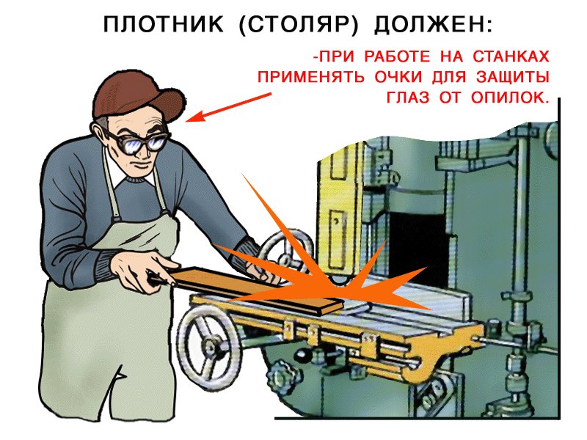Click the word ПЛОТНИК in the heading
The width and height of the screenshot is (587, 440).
pyautogui.click(x=163, y=25)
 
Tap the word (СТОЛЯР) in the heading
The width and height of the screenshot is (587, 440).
pyautogui.click(x=299, y=25)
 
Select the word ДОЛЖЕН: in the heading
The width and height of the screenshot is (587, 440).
pyautogui.click(x=433, y=25)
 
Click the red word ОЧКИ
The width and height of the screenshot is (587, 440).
pyautogui.click(x=398, y=77)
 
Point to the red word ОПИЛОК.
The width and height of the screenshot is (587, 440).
pyautogui.click(x=509, y=98)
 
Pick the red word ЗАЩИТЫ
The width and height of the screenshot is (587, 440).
pyautogui.click(x=512, y=78)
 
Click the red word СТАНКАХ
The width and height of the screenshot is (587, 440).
pyautogui.click(x=511, y=56)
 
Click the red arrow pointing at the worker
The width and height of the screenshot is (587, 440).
pyautogui.click(x=228, y=107)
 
